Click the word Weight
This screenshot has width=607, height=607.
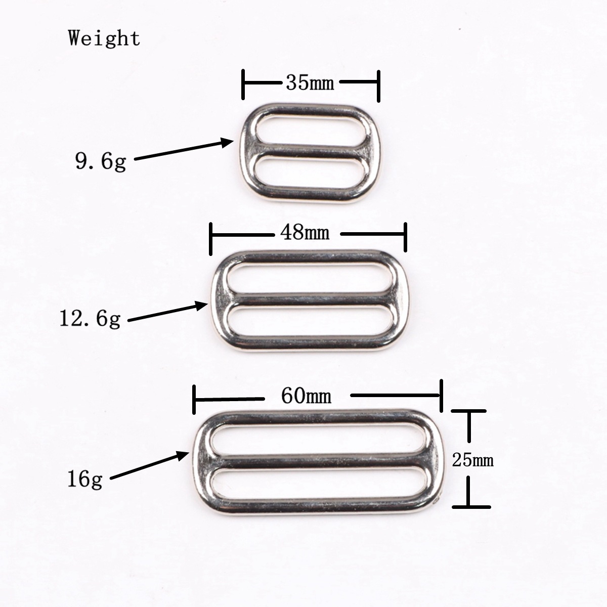tap(104, 39)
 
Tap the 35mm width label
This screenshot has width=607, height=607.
tap(310, 83)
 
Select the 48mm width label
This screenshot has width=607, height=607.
tap(305, 233)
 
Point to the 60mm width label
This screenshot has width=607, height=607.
tap(306, 396)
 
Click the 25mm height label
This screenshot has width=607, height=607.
tap(472, 460)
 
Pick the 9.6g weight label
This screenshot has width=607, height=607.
tap(101, 161)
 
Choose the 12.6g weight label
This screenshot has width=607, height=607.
tap(90, 319)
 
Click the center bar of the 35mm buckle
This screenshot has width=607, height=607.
tap(310, 151)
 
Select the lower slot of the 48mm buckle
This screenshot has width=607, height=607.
tap(310, 321)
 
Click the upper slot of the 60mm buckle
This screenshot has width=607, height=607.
tap(319, 440)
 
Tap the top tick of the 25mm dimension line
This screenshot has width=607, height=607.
tap(469, 411)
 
